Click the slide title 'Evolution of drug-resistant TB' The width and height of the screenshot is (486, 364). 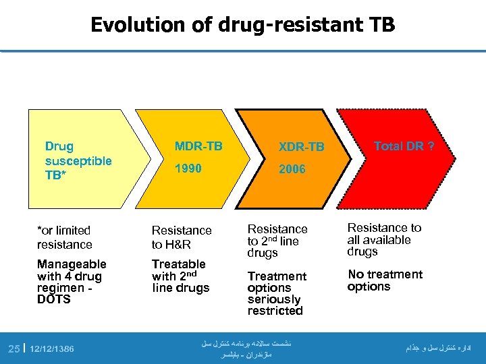tap(242, 25)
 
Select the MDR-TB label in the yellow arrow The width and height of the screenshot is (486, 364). tap(198, 146)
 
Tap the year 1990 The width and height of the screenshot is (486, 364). tap(188, 169)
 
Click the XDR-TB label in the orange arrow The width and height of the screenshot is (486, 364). tap(302, 147)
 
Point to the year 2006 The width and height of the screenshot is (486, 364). tap(292, 169)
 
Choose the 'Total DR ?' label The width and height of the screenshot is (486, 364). tap(404, 146)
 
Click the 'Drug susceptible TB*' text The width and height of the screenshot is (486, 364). tap(78, 161)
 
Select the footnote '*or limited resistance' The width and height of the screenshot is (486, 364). tap(64, 237)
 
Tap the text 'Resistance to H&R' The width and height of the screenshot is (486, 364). tap(182, 237)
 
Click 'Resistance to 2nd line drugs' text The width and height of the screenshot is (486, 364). tap(277, 241)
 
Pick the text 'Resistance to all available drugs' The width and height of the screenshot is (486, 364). tap(383, 239)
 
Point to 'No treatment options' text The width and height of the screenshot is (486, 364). tap(385, 280)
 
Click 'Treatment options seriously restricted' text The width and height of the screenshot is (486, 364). tap(277, 293)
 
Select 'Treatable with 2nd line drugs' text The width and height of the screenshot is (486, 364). tap(180, 276)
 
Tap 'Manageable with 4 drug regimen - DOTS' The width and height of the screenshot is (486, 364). tap(72, 281)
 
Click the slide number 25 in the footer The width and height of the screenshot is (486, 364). tap(13, 348)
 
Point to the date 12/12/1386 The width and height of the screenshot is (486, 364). tap(52, 348)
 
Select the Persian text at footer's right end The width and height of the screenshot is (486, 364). tap(438, 348)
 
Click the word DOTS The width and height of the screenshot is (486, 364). tap(54, 299)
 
